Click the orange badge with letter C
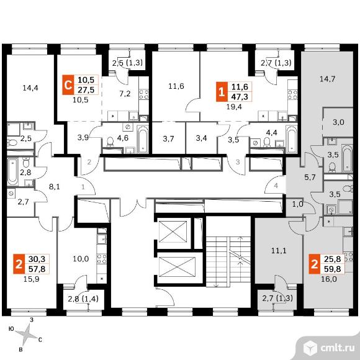(68, 84)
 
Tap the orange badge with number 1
(222, 92)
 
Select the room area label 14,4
(30, 88)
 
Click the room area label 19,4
(234, 107)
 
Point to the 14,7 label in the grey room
(328, 79)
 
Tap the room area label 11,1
(279, 251)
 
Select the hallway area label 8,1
(55, 187)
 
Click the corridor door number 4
(276, 186)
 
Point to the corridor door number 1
(83, 187)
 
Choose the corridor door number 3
(238, 162)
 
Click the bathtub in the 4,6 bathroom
(143, 139)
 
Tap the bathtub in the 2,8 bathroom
(12, 171)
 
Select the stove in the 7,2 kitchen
(144, 94)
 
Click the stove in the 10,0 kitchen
(101, 259)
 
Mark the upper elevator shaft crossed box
(173, 232)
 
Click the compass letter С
(40, 340)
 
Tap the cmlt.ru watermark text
(337, 348)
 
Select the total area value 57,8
(37, 269)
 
